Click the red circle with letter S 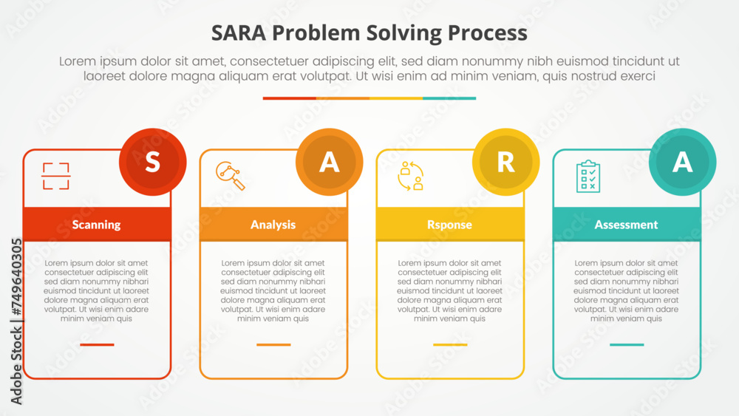pos(152,162)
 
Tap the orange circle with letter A pos(329,162)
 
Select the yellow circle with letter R pos(505,162)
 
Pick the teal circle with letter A pos(682,162)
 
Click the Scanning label pos(97,225)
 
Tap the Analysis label pos(273,225)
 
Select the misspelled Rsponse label pos(449,225)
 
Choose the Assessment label pos(626,225)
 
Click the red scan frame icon pos(55,177)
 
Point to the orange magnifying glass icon pos(230,176)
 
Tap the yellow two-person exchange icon pos(410,176)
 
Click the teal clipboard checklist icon pos(588,176)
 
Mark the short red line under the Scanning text pos(97,344)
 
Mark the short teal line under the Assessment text pos(627,344)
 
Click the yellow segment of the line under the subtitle pos(396,98)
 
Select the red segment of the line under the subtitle pos(289,98)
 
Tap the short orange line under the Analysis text pos(273,344)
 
